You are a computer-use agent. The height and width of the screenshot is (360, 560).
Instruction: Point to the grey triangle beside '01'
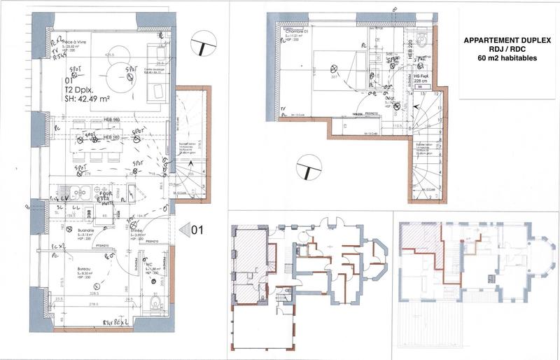185,228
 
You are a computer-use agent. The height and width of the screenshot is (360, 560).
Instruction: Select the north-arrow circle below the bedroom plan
308,170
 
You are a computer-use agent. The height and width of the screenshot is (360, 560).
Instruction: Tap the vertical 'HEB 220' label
410,52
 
